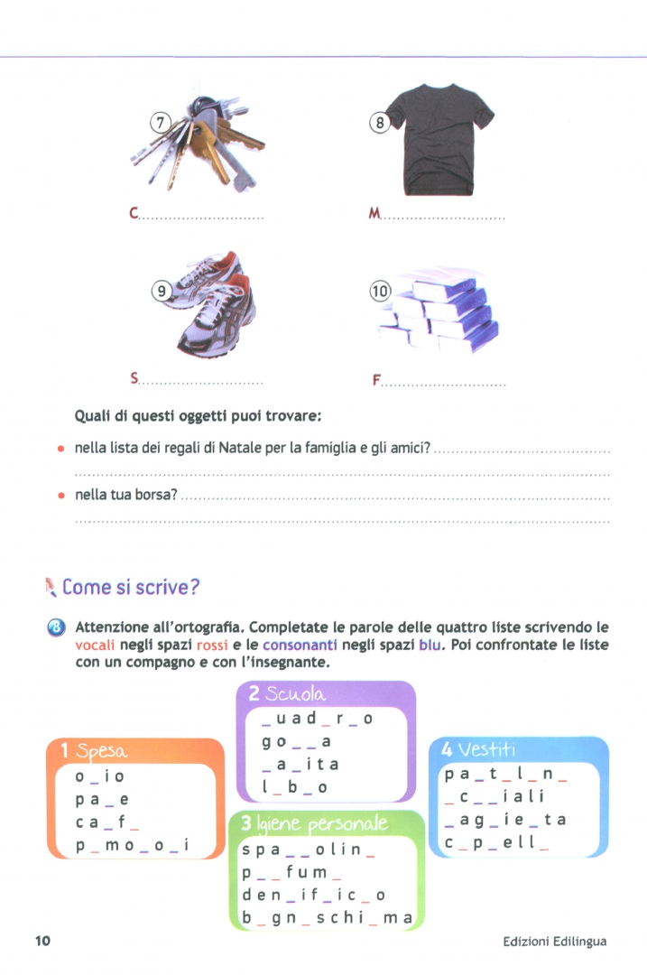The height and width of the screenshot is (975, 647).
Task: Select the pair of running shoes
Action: click(x=215, y=307)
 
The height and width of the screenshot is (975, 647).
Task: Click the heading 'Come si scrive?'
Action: click(x=130, y=588)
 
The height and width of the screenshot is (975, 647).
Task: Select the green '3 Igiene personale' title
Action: click(x=310, y=824)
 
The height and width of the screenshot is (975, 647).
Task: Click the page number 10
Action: click(x=42, y=942)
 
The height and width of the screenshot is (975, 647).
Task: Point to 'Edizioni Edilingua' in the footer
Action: click(x=555, y=942)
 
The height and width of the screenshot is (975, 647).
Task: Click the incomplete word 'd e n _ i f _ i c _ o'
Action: click(x=313, y=896)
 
